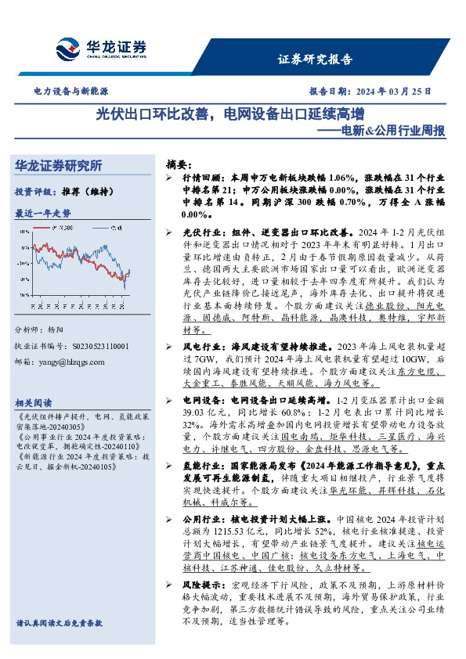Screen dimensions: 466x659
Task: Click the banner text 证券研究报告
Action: tap(315, 59)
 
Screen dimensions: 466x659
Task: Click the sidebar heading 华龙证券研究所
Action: tap(59, 166)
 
